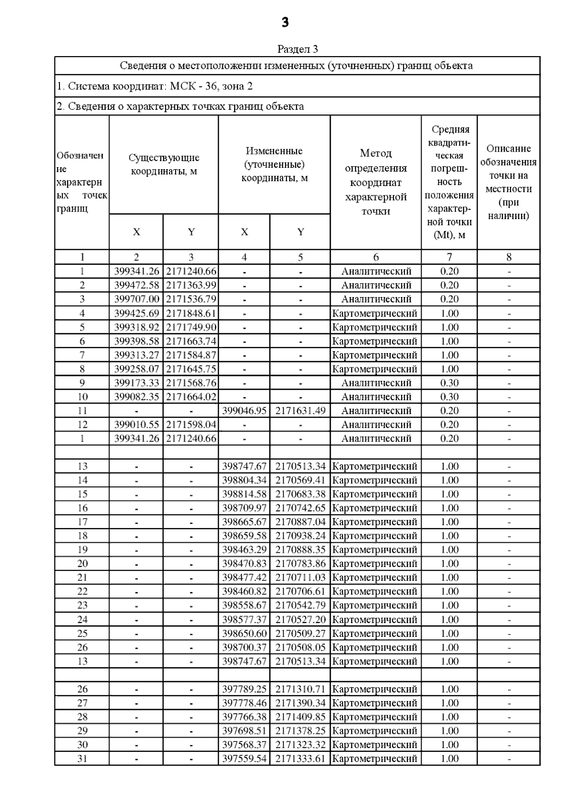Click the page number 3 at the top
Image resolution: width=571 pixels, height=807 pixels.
pyautogui.click(x=285, y=22)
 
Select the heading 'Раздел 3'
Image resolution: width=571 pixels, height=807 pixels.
pyautogui.click(x=297, y=49)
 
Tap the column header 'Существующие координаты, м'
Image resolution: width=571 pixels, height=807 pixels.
pyautogui.click(x=164, y=164)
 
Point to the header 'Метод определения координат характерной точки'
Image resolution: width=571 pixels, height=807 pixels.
pyautogui.click(x=375, y=182)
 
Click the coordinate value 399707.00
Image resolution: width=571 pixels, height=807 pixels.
pyautogui.click(x=137, y=299)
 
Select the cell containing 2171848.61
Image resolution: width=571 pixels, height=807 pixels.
pyautogui.click(x=191, y=313)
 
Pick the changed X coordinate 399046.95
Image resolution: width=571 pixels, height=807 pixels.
pyautogui.click(x=244, y=411)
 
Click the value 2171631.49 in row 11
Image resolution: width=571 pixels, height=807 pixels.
pyautogui.click(x=300, y=411)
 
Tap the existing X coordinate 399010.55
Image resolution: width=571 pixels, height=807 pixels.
pyautogui.click(x=137, y=424)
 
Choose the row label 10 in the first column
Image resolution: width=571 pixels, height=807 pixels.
pyautogui.click(x=82, y=397)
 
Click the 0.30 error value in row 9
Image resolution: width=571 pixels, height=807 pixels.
pyautogui.click(x=449, y=383)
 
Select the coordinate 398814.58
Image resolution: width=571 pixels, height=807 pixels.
pyautogui.click(x=244, y=494)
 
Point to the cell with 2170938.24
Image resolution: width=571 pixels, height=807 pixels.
pyautogui.click(x=300, y=536)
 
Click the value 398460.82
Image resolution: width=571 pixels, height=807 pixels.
pyautogui.click(x=244, y=591)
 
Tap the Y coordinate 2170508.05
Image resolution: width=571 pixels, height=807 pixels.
pyautogui.click(x=300, y=647)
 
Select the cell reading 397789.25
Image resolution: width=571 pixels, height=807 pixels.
pyautogui.click(x=244, y=689)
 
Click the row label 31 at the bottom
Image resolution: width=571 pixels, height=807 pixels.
pyautogui.click(x=82, y=759)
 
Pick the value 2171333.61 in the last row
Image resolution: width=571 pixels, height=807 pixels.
pyautogui.click(x=300, y=759)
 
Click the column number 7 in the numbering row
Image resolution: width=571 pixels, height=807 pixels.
pyautogui.click(x=449, y=257)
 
